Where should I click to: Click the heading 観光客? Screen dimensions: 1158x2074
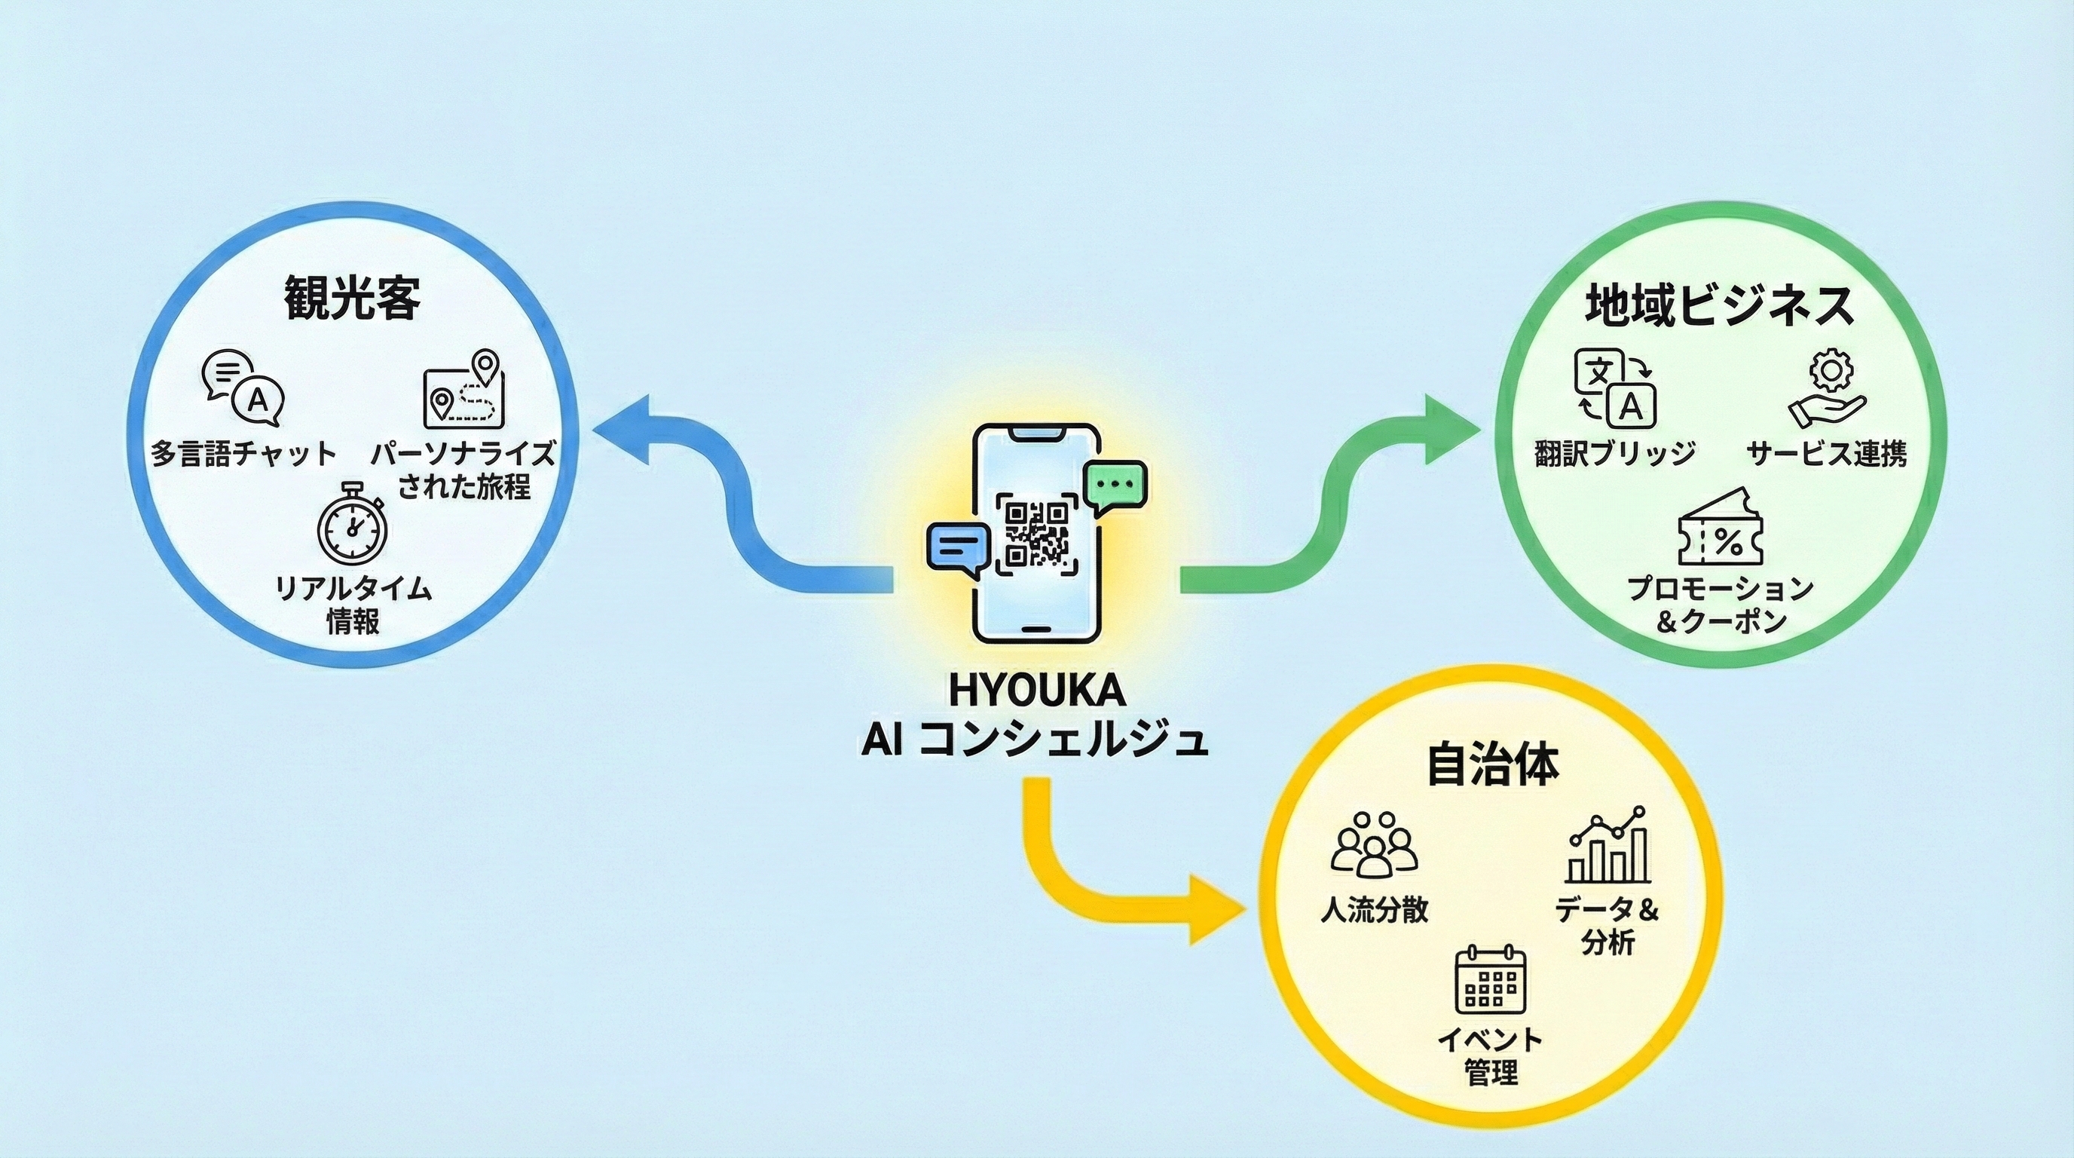point(352,298)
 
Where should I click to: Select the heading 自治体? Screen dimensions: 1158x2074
point(1492,765)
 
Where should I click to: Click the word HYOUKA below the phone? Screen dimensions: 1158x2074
point(1036,690)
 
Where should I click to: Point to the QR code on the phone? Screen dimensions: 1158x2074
point(1036,534)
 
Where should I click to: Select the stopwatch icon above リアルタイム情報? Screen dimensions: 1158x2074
point(352,524)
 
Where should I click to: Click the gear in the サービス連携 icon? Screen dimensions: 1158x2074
point(1831,369)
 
